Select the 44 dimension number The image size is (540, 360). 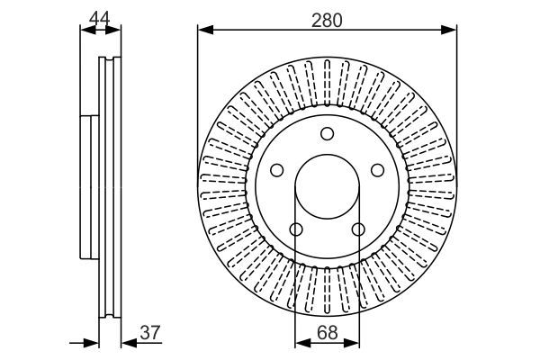pos(100,16)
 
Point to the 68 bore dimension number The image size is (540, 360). pos(328,332)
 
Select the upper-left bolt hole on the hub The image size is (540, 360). pos(277,169)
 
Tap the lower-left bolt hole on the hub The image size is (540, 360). pos(296,229)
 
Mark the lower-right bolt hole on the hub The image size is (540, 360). pos(358,229)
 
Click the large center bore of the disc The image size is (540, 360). pos(328,187)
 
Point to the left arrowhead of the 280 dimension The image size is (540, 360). pos(204,30)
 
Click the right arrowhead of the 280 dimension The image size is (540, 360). pos(450,30)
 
